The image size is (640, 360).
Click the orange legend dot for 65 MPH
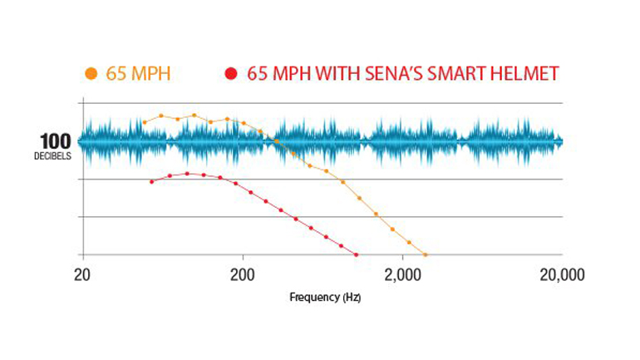coord(91,73)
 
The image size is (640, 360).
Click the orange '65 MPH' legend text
coord(138,73)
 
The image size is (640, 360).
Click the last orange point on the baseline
coord(426,254)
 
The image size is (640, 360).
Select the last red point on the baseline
coord(356,254)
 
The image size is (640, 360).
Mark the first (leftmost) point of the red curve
coord(151,181)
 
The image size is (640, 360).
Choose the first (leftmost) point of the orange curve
coord(145,122)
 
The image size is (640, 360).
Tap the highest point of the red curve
coord(187,173)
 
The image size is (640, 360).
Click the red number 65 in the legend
coord(257,73)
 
